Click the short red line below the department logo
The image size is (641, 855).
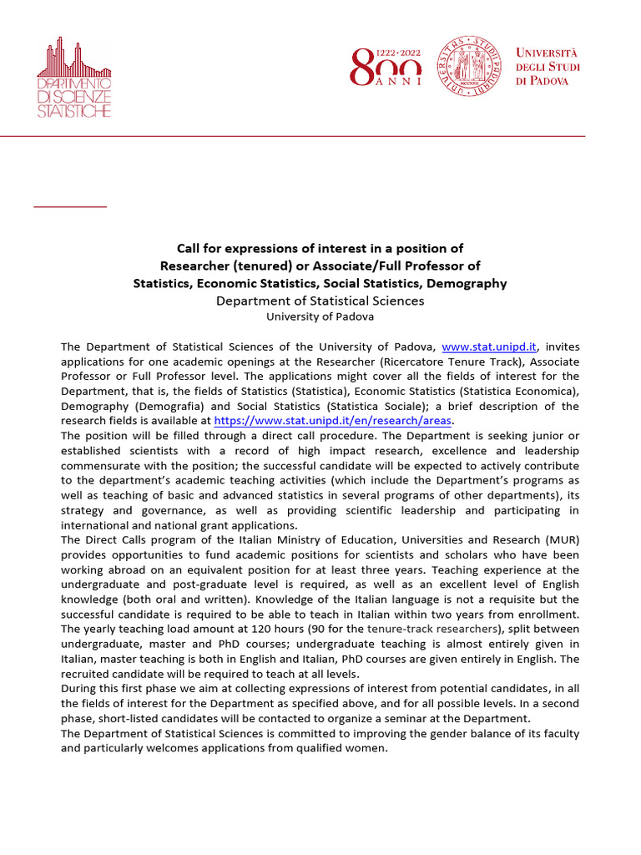(70, 205)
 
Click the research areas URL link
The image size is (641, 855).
(332, 421)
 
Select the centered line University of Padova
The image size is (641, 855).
(320, 316)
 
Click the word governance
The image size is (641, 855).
(169, 510)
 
